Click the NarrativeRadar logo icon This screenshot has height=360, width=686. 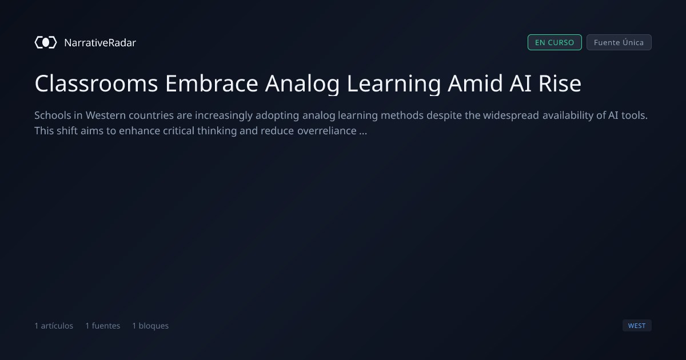[46, 42]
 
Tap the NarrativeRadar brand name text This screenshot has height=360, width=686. [100, 42]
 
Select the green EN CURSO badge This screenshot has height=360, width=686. [555, 42]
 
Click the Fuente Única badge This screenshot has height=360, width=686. [619, 42]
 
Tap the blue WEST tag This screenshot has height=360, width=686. [637, 325]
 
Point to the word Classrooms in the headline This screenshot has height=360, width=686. [96, 83]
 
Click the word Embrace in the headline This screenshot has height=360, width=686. [212, 83]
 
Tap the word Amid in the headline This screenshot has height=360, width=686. [475, 83]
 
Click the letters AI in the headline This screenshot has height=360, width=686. [520, 83]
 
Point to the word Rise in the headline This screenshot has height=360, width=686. [560, 83]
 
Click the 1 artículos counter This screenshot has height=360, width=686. [54, 326]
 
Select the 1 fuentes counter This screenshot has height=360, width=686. [103, 326]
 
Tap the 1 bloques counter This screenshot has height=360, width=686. [150, 326]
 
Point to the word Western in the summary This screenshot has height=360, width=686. [106, 115]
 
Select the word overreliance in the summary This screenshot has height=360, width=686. [327, 131]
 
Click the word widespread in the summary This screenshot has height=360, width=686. [511, 115]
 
